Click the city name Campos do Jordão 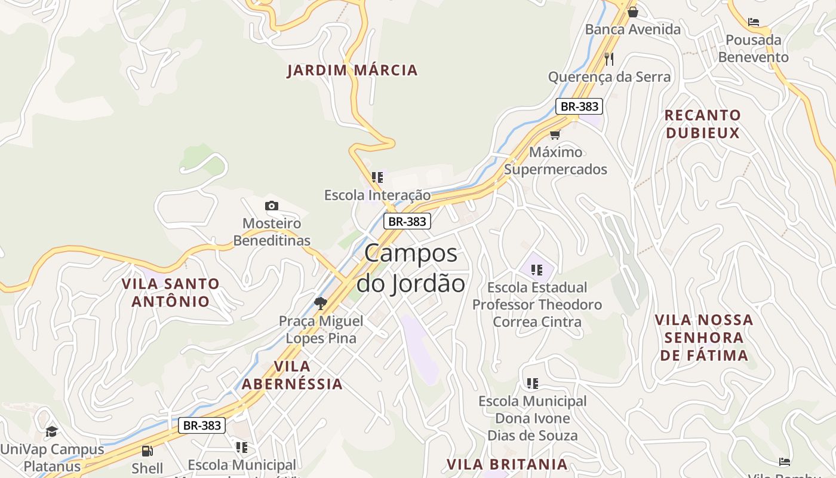tap(411, 268)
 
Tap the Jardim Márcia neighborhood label tap(352, 71)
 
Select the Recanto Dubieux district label tap(703, 124)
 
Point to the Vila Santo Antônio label tap(171, 292)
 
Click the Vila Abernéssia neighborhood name tap(292, 375)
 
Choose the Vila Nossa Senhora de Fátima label tap(704, 338)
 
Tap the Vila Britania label tap(507, 464)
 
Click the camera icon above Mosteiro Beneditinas tap(272, 206)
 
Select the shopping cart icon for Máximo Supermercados tap(555, 134)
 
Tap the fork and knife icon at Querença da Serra tap(609, 59)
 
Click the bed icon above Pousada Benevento tap(754, 22)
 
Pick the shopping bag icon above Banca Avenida tap(633, 11)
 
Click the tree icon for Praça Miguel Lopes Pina tap(321, 303)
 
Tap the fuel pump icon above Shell tap(147, 451)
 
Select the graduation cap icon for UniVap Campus tap(52, 431)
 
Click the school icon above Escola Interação tap(377, 177)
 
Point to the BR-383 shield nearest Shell tap(202, 425)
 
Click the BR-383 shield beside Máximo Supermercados tap(579, 106)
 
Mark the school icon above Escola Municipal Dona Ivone tap(532, 383)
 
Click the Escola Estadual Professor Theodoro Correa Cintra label tap(537, 305)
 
